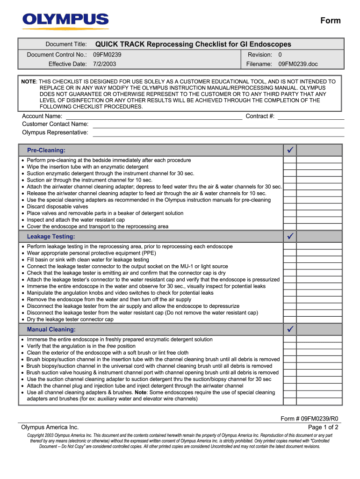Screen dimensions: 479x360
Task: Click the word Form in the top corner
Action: point(330,21)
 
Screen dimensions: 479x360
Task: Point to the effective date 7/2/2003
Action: point(105,64)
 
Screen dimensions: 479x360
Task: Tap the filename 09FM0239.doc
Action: point(298,64)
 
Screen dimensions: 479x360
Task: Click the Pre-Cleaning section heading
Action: point(46,150)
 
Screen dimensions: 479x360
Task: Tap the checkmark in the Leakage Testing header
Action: point(290,236)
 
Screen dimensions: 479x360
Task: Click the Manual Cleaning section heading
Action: point(51,329)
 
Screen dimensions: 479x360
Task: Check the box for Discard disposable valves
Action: point(290,206)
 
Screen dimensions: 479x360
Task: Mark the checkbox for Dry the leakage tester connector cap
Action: point(290,319)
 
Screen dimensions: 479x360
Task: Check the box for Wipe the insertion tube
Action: point(290,167)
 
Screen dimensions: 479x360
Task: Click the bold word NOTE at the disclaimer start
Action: point(29,81)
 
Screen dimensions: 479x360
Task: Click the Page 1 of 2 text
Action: point(323,427)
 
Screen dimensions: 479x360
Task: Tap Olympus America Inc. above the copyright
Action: point(50,427)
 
